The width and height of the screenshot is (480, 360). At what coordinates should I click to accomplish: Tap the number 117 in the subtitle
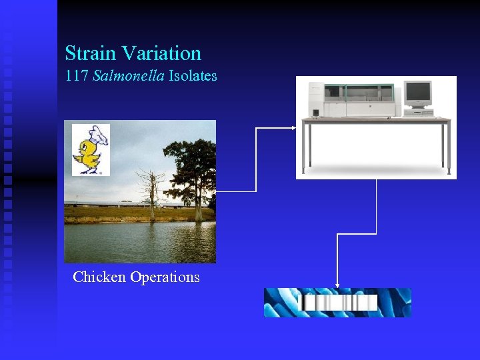pyautogui.click(x=77, y=75)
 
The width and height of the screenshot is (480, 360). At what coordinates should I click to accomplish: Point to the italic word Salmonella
pyautogui.click(x=129, y=75)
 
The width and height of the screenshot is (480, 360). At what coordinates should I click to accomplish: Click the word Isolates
pyautogui.click(x=193, y=75)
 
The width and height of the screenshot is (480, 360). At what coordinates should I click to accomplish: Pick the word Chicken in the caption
pyautogui.click(x=99, y=277)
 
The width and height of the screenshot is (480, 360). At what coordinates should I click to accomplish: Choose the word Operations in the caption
pyautogui.click(x=165, y=277)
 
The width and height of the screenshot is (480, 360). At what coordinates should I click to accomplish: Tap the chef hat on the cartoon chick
pyautogui.click(x=99, y=134)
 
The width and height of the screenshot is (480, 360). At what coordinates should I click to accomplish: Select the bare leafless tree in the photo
pyautogui.click(x=151, y=190)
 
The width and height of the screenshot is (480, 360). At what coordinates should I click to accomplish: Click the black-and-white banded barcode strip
pyautogui.click(x=339, y=303)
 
